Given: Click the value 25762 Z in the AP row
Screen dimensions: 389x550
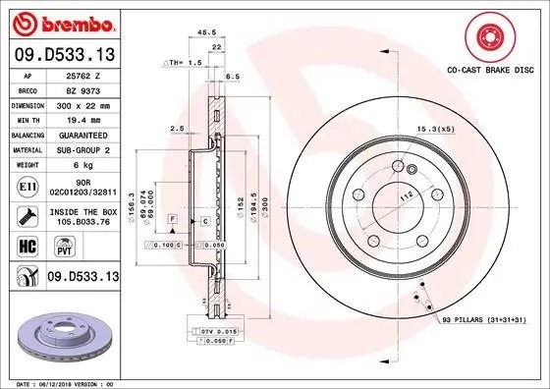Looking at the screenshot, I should (82, 74).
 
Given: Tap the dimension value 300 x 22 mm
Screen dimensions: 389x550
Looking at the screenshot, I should (82, 102).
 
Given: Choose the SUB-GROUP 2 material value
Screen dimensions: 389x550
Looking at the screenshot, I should (82, 149).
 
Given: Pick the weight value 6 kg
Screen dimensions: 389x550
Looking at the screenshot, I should (82, 165).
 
